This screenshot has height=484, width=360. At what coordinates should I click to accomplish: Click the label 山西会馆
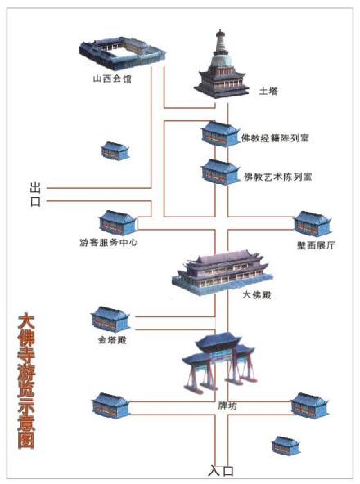pyautogui.click(x=110, y=80)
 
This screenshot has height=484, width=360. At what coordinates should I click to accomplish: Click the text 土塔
pyautogui.click(x=268, y=92)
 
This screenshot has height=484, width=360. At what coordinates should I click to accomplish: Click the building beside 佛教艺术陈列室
pyautogui.click(x=219, y=173)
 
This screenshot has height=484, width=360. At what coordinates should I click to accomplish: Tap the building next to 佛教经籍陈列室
pyautogui.click(x=219, y=134)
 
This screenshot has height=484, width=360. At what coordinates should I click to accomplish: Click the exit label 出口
pyautogui.click(x=35, y=194)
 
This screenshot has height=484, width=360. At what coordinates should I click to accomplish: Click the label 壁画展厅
pyautogui.click(x=312, y=244)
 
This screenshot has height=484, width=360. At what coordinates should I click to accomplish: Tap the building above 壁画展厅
pyautogui.click(x=312, y=222)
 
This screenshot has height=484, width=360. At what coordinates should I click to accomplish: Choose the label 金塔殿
pyautogui.click(x=110, y=338)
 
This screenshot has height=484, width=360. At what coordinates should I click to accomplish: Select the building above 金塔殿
pyautogui.click(x=109, y=318)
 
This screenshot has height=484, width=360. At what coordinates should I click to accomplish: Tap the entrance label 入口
pyautogui.click(x=221, y=470)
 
